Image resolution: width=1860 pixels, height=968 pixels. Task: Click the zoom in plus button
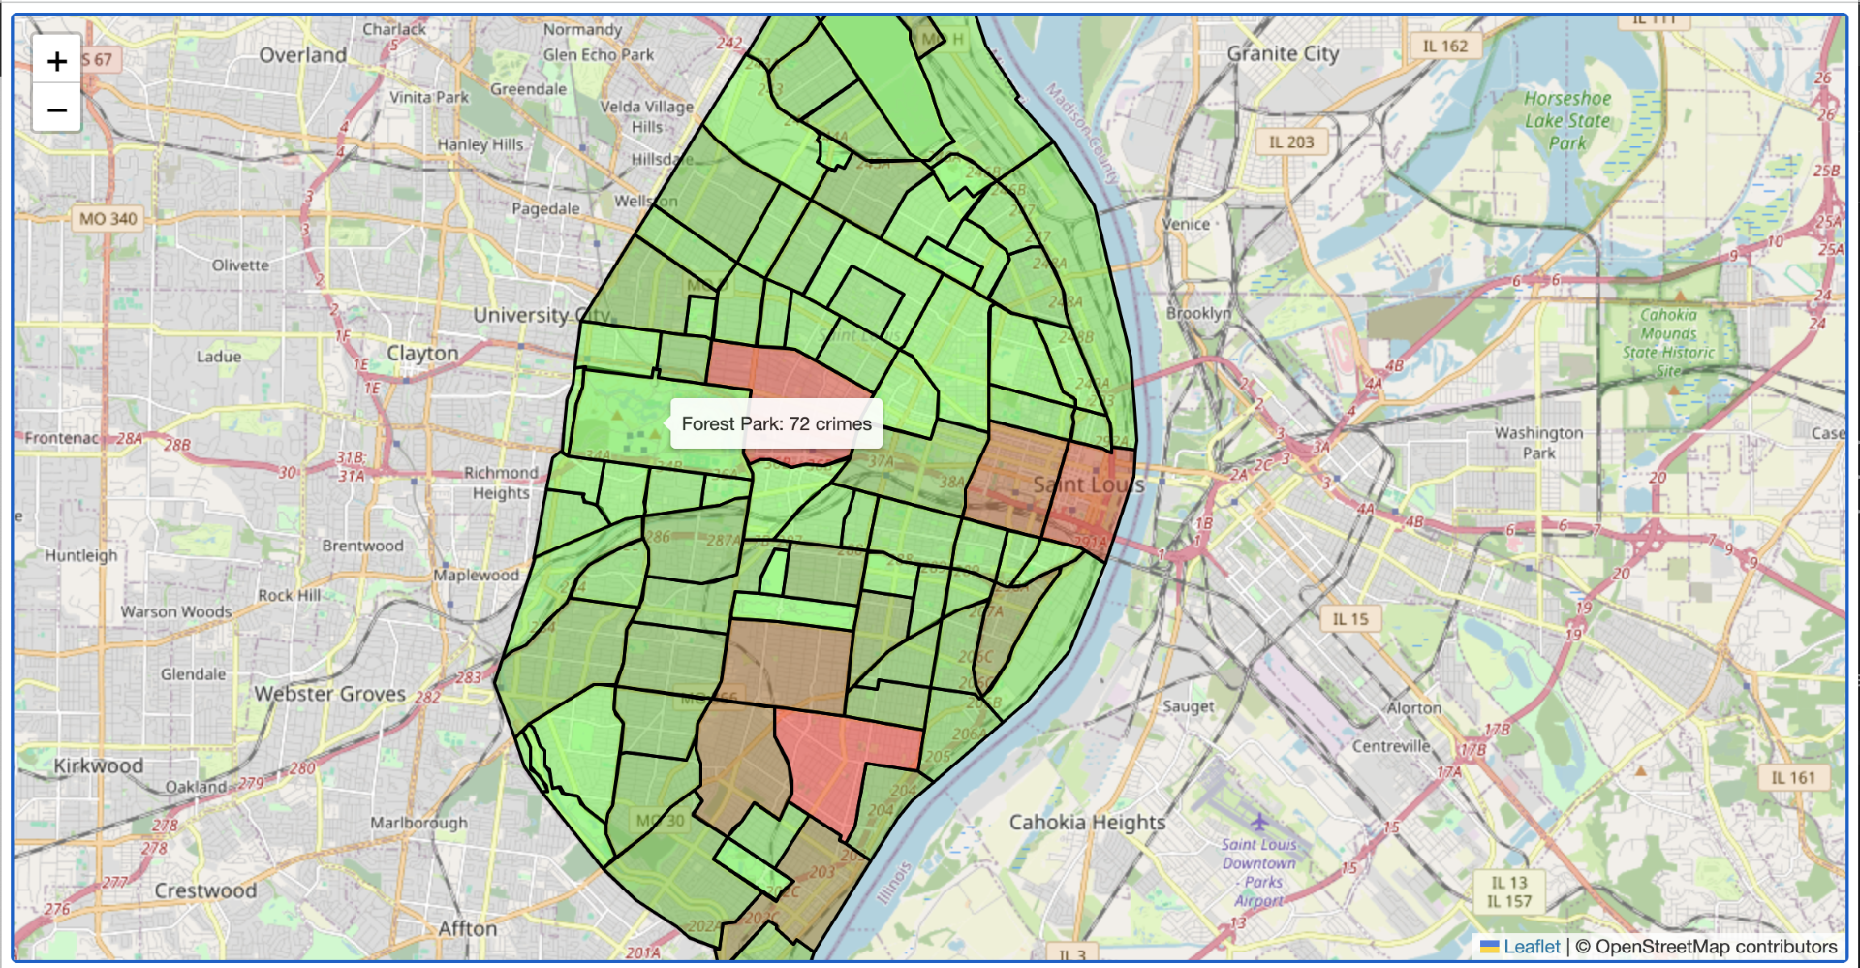(x=57, y=61)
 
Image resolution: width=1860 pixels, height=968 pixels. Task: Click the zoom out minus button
(x=57, y=109)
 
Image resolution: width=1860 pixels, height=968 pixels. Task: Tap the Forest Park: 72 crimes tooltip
(x=776, y=423)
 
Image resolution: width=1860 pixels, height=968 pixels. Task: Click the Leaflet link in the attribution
(x=1531, y=947)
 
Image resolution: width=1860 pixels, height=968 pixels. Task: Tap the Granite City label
(x=1283, y=54)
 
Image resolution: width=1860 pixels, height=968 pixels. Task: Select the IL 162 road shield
(x=1444, y=46)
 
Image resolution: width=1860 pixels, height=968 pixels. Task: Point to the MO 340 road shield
(x=108, y=219)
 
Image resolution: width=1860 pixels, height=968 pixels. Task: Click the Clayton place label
(x=422, y=354)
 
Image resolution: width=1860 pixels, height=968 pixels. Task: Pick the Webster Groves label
(x=329, y=694)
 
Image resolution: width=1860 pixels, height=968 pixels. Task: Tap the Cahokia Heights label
(x=1087, y=823)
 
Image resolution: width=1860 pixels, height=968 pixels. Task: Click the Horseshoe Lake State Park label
(x=1566, y=120)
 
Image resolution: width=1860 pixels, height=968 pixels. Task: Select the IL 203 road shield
(x=1291, y=141)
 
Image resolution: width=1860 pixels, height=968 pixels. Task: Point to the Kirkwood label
(x=98, y=765)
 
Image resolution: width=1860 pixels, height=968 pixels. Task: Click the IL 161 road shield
(x=1792, y=777)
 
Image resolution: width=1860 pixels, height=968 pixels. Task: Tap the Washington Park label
(x=1538, y=442)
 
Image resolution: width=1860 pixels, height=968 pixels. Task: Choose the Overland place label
(x=302, y=55)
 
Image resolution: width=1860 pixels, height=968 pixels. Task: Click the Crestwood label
(x=205, y=890)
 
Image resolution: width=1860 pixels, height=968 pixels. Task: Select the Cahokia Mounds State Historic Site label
(x=1668, y=342)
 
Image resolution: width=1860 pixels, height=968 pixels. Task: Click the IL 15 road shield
(x=1349, y=619)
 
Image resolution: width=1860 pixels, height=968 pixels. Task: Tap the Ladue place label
(x=219, y=357)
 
